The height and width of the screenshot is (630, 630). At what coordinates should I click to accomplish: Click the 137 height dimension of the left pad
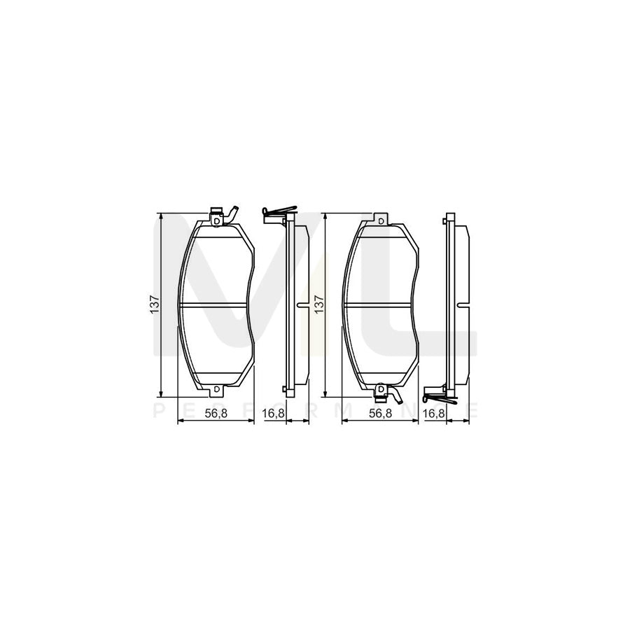pos(155,304)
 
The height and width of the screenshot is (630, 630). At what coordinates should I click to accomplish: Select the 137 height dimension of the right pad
pos(319,304)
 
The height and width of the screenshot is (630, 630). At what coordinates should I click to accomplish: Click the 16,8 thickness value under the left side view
pos(273,414)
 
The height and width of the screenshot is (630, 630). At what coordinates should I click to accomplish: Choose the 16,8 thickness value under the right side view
pos(434,414)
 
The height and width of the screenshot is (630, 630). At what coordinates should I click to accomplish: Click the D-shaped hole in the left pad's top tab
pos(217,221)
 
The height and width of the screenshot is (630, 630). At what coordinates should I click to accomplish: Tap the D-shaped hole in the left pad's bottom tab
pos(217,389)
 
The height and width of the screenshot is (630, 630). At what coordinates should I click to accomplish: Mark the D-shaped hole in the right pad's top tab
pos(380,221)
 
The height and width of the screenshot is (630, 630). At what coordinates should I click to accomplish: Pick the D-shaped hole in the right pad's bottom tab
pos(380,389)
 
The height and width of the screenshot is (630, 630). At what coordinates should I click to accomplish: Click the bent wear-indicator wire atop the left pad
pos(230,212)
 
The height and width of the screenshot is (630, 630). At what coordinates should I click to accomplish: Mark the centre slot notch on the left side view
pos(302,305)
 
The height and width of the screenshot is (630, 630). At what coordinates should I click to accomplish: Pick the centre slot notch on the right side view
pos(463,305)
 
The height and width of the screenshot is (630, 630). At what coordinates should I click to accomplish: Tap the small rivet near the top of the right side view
pos(445,222)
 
